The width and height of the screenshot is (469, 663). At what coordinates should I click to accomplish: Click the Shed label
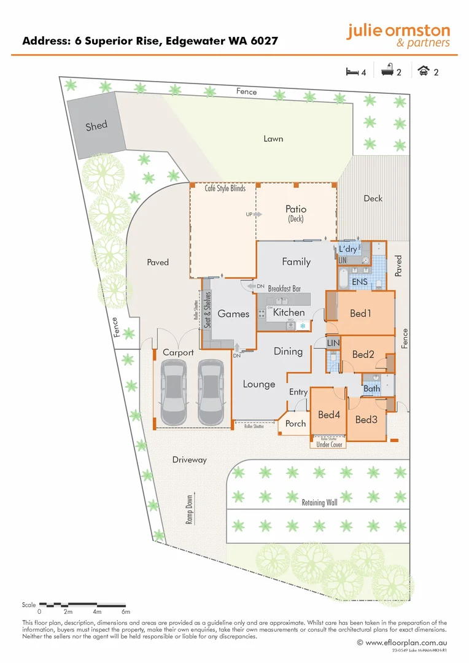96,126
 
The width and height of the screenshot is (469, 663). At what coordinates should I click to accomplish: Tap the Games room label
233,314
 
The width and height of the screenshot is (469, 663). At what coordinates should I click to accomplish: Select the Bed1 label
361,314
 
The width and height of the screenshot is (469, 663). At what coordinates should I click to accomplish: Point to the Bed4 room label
329,415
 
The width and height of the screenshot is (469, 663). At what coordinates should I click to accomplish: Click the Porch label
295,424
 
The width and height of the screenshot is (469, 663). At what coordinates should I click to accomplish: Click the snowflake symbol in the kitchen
302,326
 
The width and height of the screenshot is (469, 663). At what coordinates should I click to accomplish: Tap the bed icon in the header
352,72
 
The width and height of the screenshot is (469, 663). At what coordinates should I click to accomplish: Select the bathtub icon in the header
387,72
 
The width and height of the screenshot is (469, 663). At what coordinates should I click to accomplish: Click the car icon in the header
424,72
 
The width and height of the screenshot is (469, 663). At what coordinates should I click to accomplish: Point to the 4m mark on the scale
97,612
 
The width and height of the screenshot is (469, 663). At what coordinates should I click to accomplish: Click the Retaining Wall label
319,503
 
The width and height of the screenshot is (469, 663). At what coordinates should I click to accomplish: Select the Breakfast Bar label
284,288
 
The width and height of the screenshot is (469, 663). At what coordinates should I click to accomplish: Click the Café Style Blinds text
225,188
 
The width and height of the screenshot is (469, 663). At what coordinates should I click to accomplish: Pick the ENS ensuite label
360,281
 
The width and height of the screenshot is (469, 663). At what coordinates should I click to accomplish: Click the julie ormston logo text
398,31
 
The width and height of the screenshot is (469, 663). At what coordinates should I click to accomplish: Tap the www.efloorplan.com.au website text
406,642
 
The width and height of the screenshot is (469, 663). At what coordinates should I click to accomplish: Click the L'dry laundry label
348,249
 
